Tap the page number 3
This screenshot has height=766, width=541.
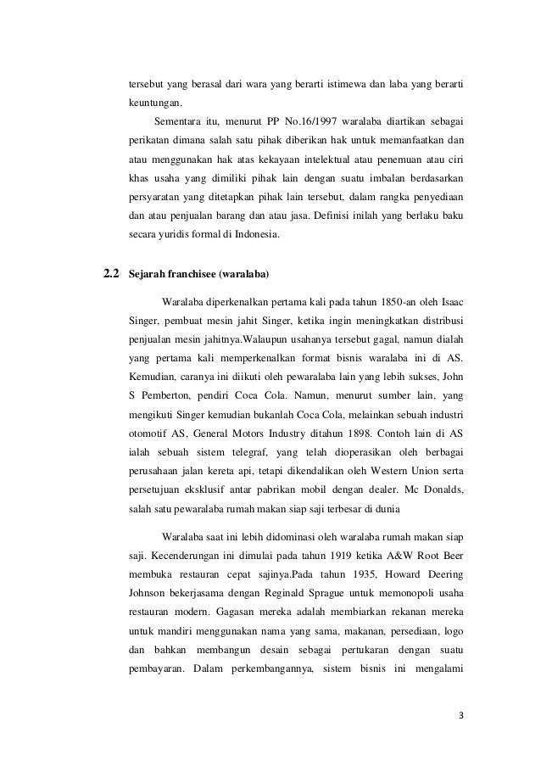pos(460,713)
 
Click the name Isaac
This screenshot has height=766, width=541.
pos(449,301)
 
